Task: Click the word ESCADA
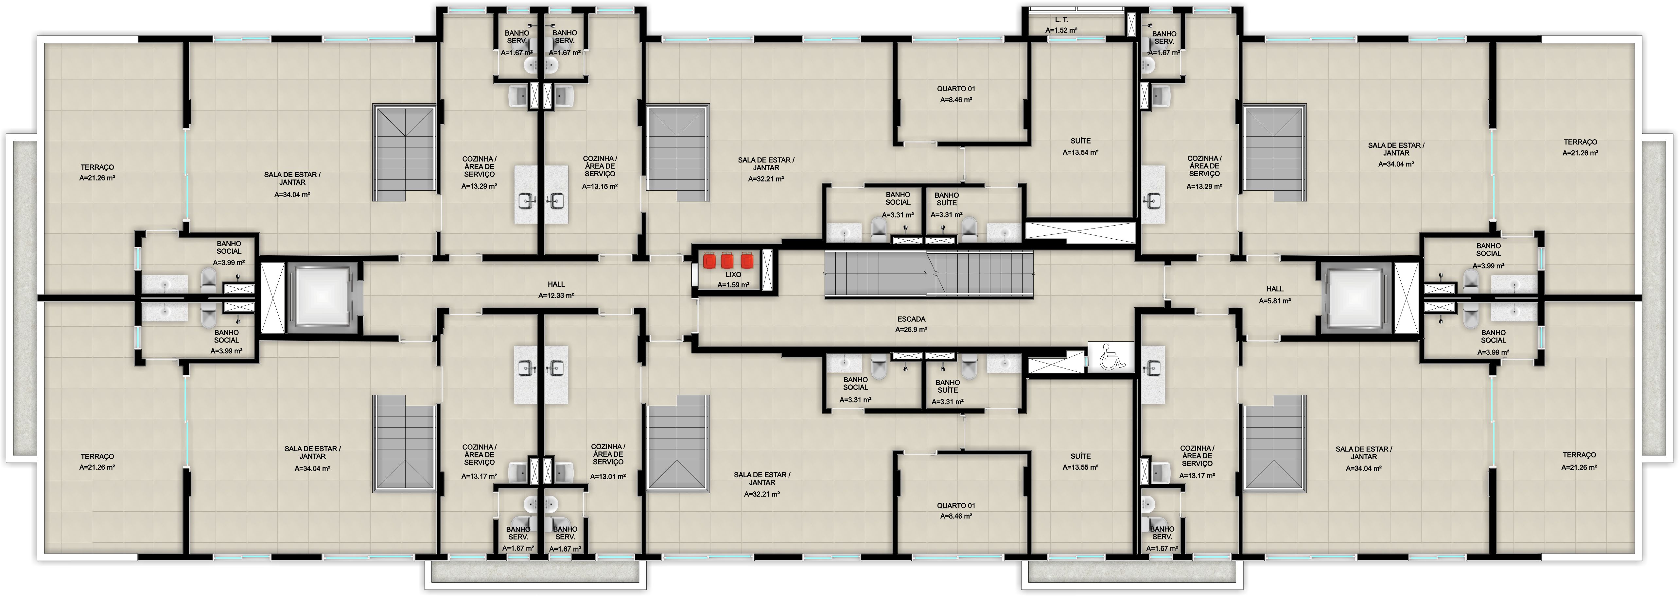(911, 319)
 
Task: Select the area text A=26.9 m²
(911, 330)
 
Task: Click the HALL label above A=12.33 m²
(556, 284)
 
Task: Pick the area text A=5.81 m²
(1275, 301)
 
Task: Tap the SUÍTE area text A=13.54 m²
(1081, 152)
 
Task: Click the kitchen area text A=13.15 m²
(600, 186)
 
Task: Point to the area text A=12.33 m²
(556, 295)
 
